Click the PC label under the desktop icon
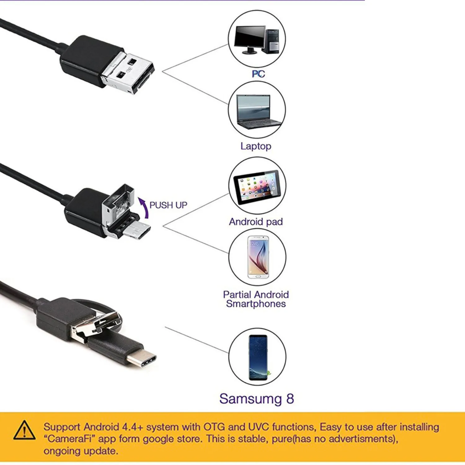pos(258,74)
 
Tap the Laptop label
pos(256,146)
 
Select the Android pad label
pos(256,222)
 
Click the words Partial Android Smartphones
pos(256,299)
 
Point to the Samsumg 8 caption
pos(256,399)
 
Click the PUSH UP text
pos(168,205)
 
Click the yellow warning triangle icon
pos(24,430)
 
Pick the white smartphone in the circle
pos(258,257)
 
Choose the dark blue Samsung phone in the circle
pos(258,357)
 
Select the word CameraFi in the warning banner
pos(71,439)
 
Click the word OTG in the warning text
pos(214,427)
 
